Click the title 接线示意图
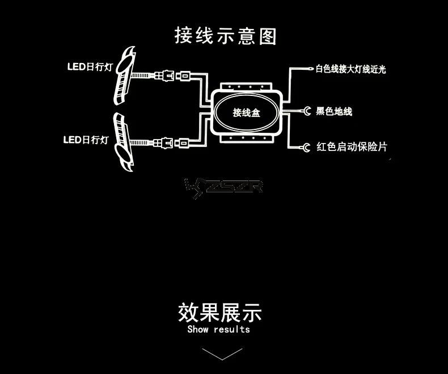[226, 36]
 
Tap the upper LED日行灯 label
[90, 67]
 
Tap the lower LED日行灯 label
[86, 140]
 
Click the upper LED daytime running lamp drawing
[124, 76]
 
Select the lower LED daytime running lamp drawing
[124, 142]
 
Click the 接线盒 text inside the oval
[246, 113]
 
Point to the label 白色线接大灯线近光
[350, 69]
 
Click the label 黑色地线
[334, 111]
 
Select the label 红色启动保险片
[352, 147]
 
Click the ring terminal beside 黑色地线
[307, 111]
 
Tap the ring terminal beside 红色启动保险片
[306, 148]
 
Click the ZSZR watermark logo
[223, 188]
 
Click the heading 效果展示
[219, 313]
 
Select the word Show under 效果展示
[198, 329]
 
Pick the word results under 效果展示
[232, 329]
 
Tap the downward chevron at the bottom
[222, 354]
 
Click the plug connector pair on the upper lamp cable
[172, 76]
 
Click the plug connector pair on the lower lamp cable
[171, 142]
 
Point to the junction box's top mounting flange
[246, 87]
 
